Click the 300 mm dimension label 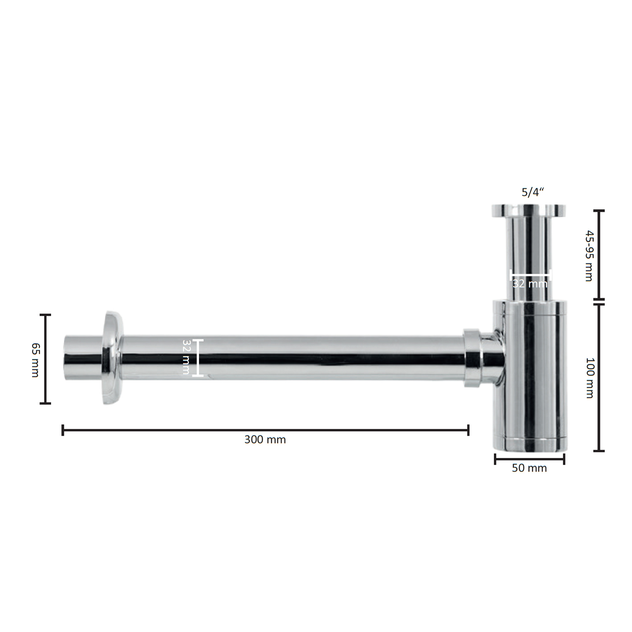[x=265, y=439]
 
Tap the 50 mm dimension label [x=529, y=468]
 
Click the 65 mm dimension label [x=36, y=360]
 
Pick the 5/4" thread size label [x=532, y=192]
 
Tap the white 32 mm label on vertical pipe [x=530, y=284]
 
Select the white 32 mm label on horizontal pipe [x=186, y=357]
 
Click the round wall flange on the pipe [x=113, y=358]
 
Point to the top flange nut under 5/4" [x=529, y=210]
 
